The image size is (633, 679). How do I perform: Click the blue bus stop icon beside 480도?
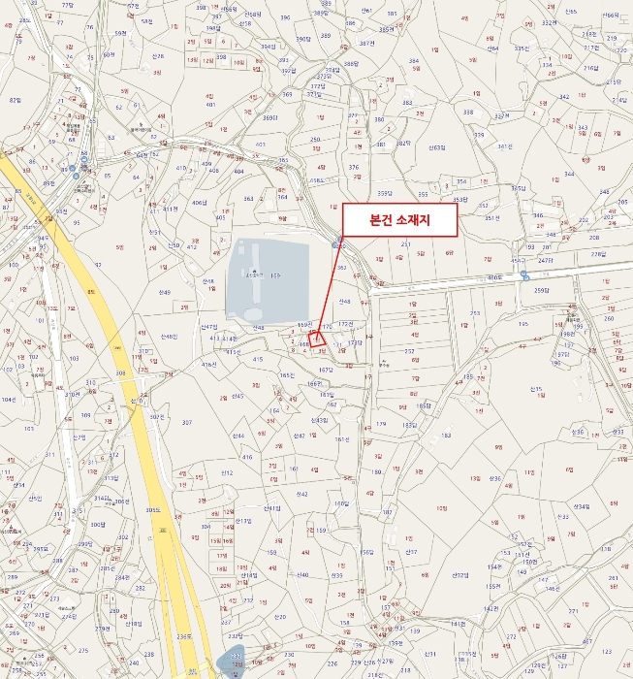click(524, 275)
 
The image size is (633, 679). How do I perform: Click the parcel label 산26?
click(577, 432)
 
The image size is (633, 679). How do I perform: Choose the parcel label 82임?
click(15, 100)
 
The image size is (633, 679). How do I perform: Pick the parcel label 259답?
click(541, 291)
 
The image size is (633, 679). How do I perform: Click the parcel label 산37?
click(411, 552)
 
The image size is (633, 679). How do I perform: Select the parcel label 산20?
click(280, 616)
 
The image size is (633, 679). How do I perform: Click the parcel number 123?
click(607, 652)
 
